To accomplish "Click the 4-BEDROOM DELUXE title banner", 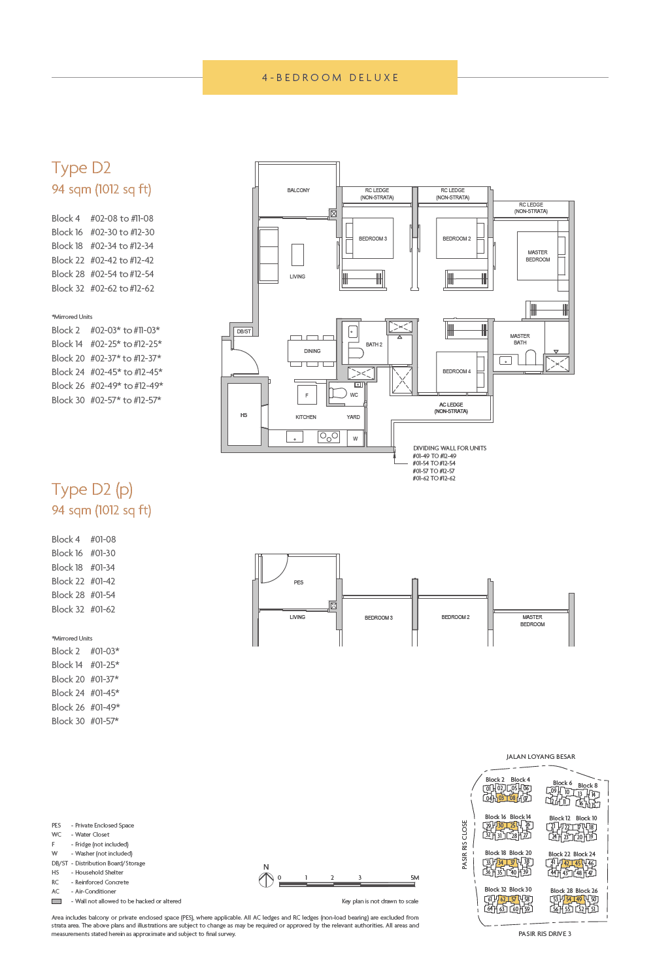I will [329, 78].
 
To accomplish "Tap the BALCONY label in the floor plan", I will [298, 190].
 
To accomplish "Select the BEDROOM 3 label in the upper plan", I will [373, 239].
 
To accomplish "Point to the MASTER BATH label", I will [520, 339].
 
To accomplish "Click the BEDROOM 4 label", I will [456, 371].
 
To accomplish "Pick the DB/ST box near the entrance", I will [244, 331].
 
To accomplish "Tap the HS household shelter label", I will [244, 415].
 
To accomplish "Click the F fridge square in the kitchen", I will [307, 395].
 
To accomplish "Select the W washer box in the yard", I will [356, 438].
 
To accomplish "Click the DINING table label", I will [312, 351].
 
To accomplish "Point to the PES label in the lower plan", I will [298, 582].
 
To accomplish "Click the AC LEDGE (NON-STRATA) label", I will [451, 408].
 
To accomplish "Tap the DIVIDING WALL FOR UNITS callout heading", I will [450, 448].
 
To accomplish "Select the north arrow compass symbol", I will [266, 880].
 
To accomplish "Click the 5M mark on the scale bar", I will [414, 878].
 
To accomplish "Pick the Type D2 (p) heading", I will [92, 490].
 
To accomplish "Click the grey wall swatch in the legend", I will [57, 901].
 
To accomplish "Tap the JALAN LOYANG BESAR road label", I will [541, 757].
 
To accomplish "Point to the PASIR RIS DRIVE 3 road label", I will [544, 933].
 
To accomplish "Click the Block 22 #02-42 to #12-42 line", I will [103, 260].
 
